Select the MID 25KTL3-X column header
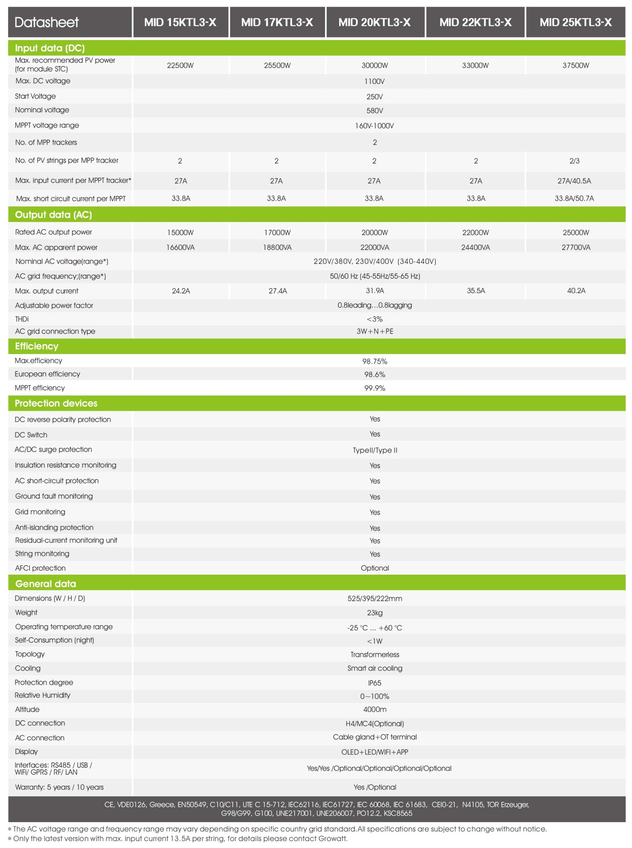click(x=575, y=22)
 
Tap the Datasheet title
click(x=47, y=22)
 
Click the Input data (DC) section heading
click(x=50, y=48)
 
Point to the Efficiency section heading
click(x=37, y=346)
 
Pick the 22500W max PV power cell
click(x=180, y=65)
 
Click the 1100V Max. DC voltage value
click(x=375, y=81)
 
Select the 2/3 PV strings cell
click(x=574, y=161)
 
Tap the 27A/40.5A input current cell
click(x=574, y=181)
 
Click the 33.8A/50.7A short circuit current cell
click(x=574, y=198)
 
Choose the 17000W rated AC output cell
click(x=277, y=232)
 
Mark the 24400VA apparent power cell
click(x=475, y=247)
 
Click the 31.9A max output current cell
click(x=375, y=291)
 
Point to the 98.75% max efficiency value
click(x=375, y=361)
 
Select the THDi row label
click(x=22, y=319)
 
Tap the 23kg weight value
click(x=375, y=612)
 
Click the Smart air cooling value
click(x=375, y=668)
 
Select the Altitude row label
click(x=27, y=710)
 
